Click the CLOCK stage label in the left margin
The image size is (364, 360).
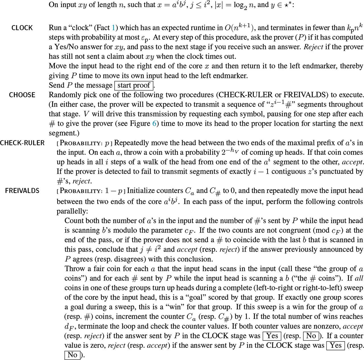pyautogui.click(x=22, y=28)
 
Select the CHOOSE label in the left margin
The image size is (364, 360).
pyautogui.click(x=22, y=95)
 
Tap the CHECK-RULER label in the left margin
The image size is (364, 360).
pyautogui.click(x=22, y=143)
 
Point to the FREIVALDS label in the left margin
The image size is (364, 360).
pyautogui.click(x=22, y=191)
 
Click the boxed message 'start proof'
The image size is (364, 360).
pyautogui.click(x=134, y=85)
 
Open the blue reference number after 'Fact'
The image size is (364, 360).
pyautogui.click(x=114, y=28)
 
